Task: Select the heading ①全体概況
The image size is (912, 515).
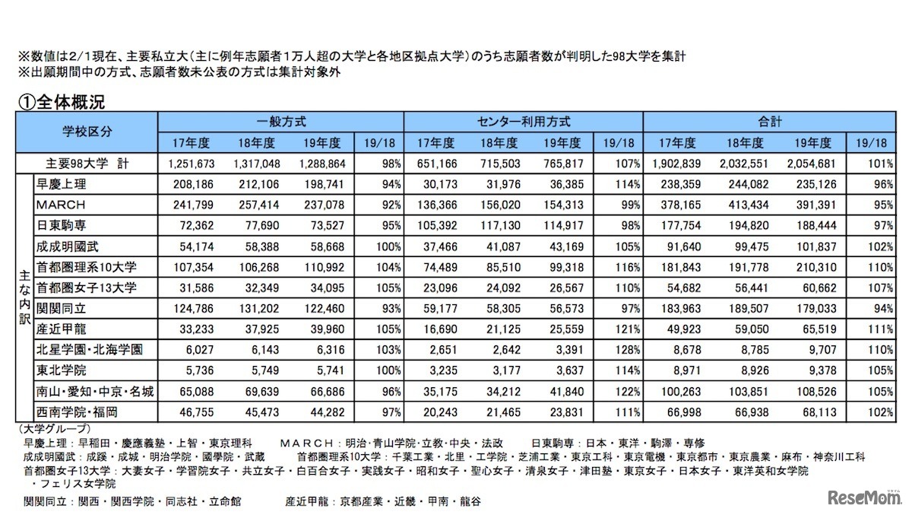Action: (60, 102)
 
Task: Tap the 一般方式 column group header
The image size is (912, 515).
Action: (280, 121)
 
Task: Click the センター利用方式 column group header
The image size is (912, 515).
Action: (524, 121)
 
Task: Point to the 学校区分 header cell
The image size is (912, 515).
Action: (86, 132)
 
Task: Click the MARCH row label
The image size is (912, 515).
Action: (60, 205)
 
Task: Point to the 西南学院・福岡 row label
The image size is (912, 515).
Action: (76, 412)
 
